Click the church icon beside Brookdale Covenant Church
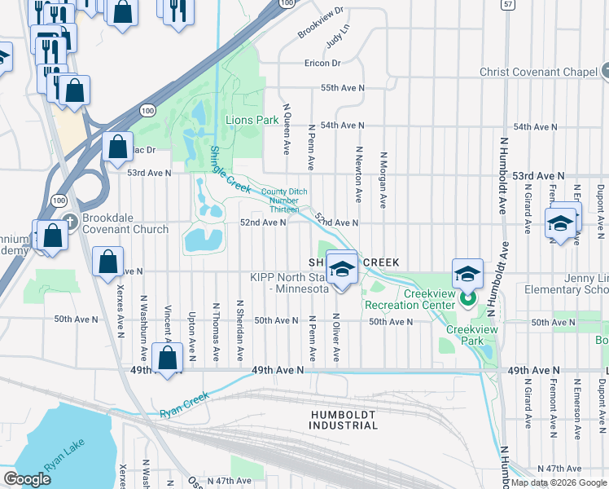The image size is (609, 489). pyautogui.click(x=70, y=221)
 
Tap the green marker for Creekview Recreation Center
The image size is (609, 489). pyautogui.click(x=467, y=299)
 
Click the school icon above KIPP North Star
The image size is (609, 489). pyautogui.click(x=343, y=268)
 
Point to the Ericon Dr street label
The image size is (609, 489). pyautogui.click(x=322, y=63)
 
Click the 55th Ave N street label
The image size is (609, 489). pyautogui.click(x=342, y=87)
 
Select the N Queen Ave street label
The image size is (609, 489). pyautogui.click(x=286, y=129)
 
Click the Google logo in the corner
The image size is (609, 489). pyautogui.click(x=28, y=479)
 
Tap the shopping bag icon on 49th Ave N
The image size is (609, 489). pyautogui.click(x=168, y=359)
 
